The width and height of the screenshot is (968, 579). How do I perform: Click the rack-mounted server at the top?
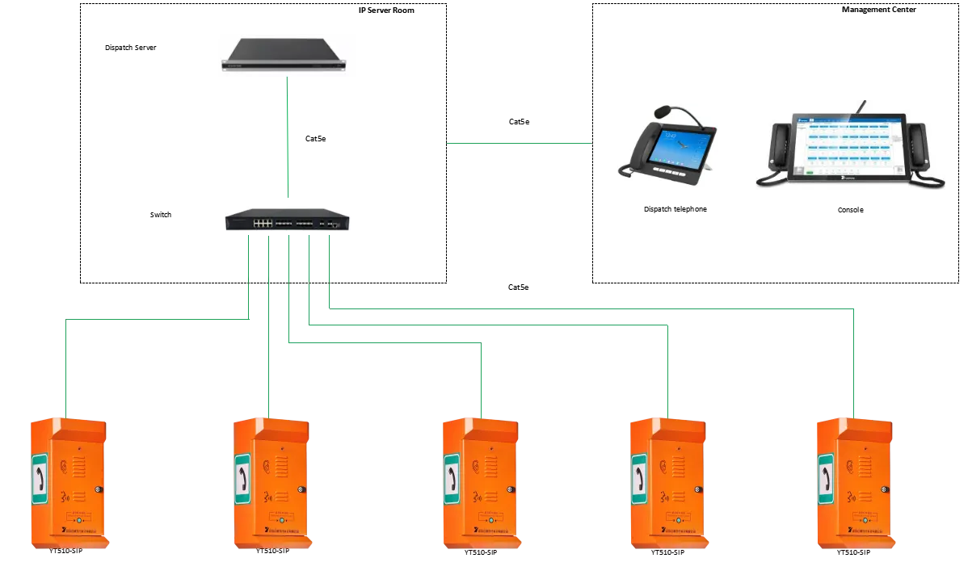click(x=284, y=53)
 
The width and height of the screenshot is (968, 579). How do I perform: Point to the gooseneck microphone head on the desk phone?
click(x=662, y=109)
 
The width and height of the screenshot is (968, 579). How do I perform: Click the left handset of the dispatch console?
click(x=777, y=149)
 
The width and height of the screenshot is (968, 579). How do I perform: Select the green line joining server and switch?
click(x=287, y=137)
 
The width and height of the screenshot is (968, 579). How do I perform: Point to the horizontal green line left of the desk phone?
click(x=520, y=145)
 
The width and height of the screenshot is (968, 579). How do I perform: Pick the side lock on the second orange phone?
click(x=302, y=489)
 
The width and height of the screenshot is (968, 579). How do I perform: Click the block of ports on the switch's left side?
click(x=262, y=221)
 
